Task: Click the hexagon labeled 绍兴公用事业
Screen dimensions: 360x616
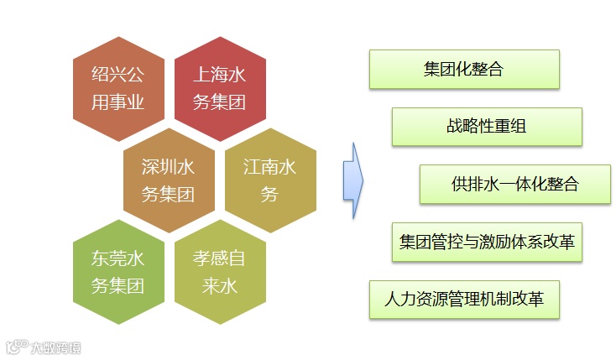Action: (118, 88)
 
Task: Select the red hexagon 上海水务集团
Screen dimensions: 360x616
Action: (220, 88)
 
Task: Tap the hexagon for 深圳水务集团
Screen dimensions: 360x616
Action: (169, 180)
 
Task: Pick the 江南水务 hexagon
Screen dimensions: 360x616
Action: (270, 180)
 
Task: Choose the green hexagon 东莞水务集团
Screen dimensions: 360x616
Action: (118, 272)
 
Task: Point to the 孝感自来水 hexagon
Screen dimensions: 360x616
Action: (220, 272)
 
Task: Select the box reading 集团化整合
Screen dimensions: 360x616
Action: (464, 70)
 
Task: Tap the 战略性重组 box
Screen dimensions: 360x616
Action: (487, 127)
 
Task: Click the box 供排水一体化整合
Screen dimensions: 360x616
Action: (514, 185)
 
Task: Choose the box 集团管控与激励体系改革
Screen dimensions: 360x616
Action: (487, 243)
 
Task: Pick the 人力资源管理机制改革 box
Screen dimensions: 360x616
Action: (464, 299)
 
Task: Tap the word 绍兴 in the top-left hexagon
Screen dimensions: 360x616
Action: (103, 74)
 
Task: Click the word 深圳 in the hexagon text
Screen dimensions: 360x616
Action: (154, 166)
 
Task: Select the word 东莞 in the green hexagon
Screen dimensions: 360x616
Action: (103, 258)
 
